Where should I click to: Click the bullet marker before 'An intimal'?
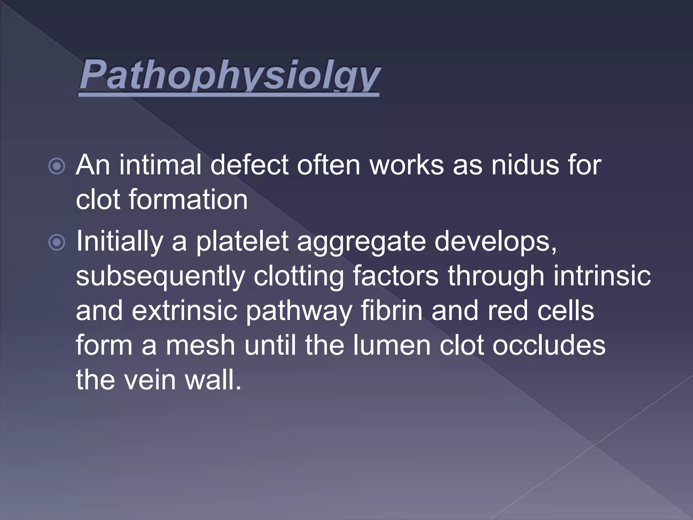click(57, 166)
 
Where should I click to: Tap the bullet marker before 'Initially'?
click(57, 242)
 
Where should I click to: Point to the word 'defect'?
click(250, 166)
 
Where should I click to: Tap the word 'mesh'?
click(200, 345)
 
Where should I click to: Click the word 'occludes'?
click(549, 345)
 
